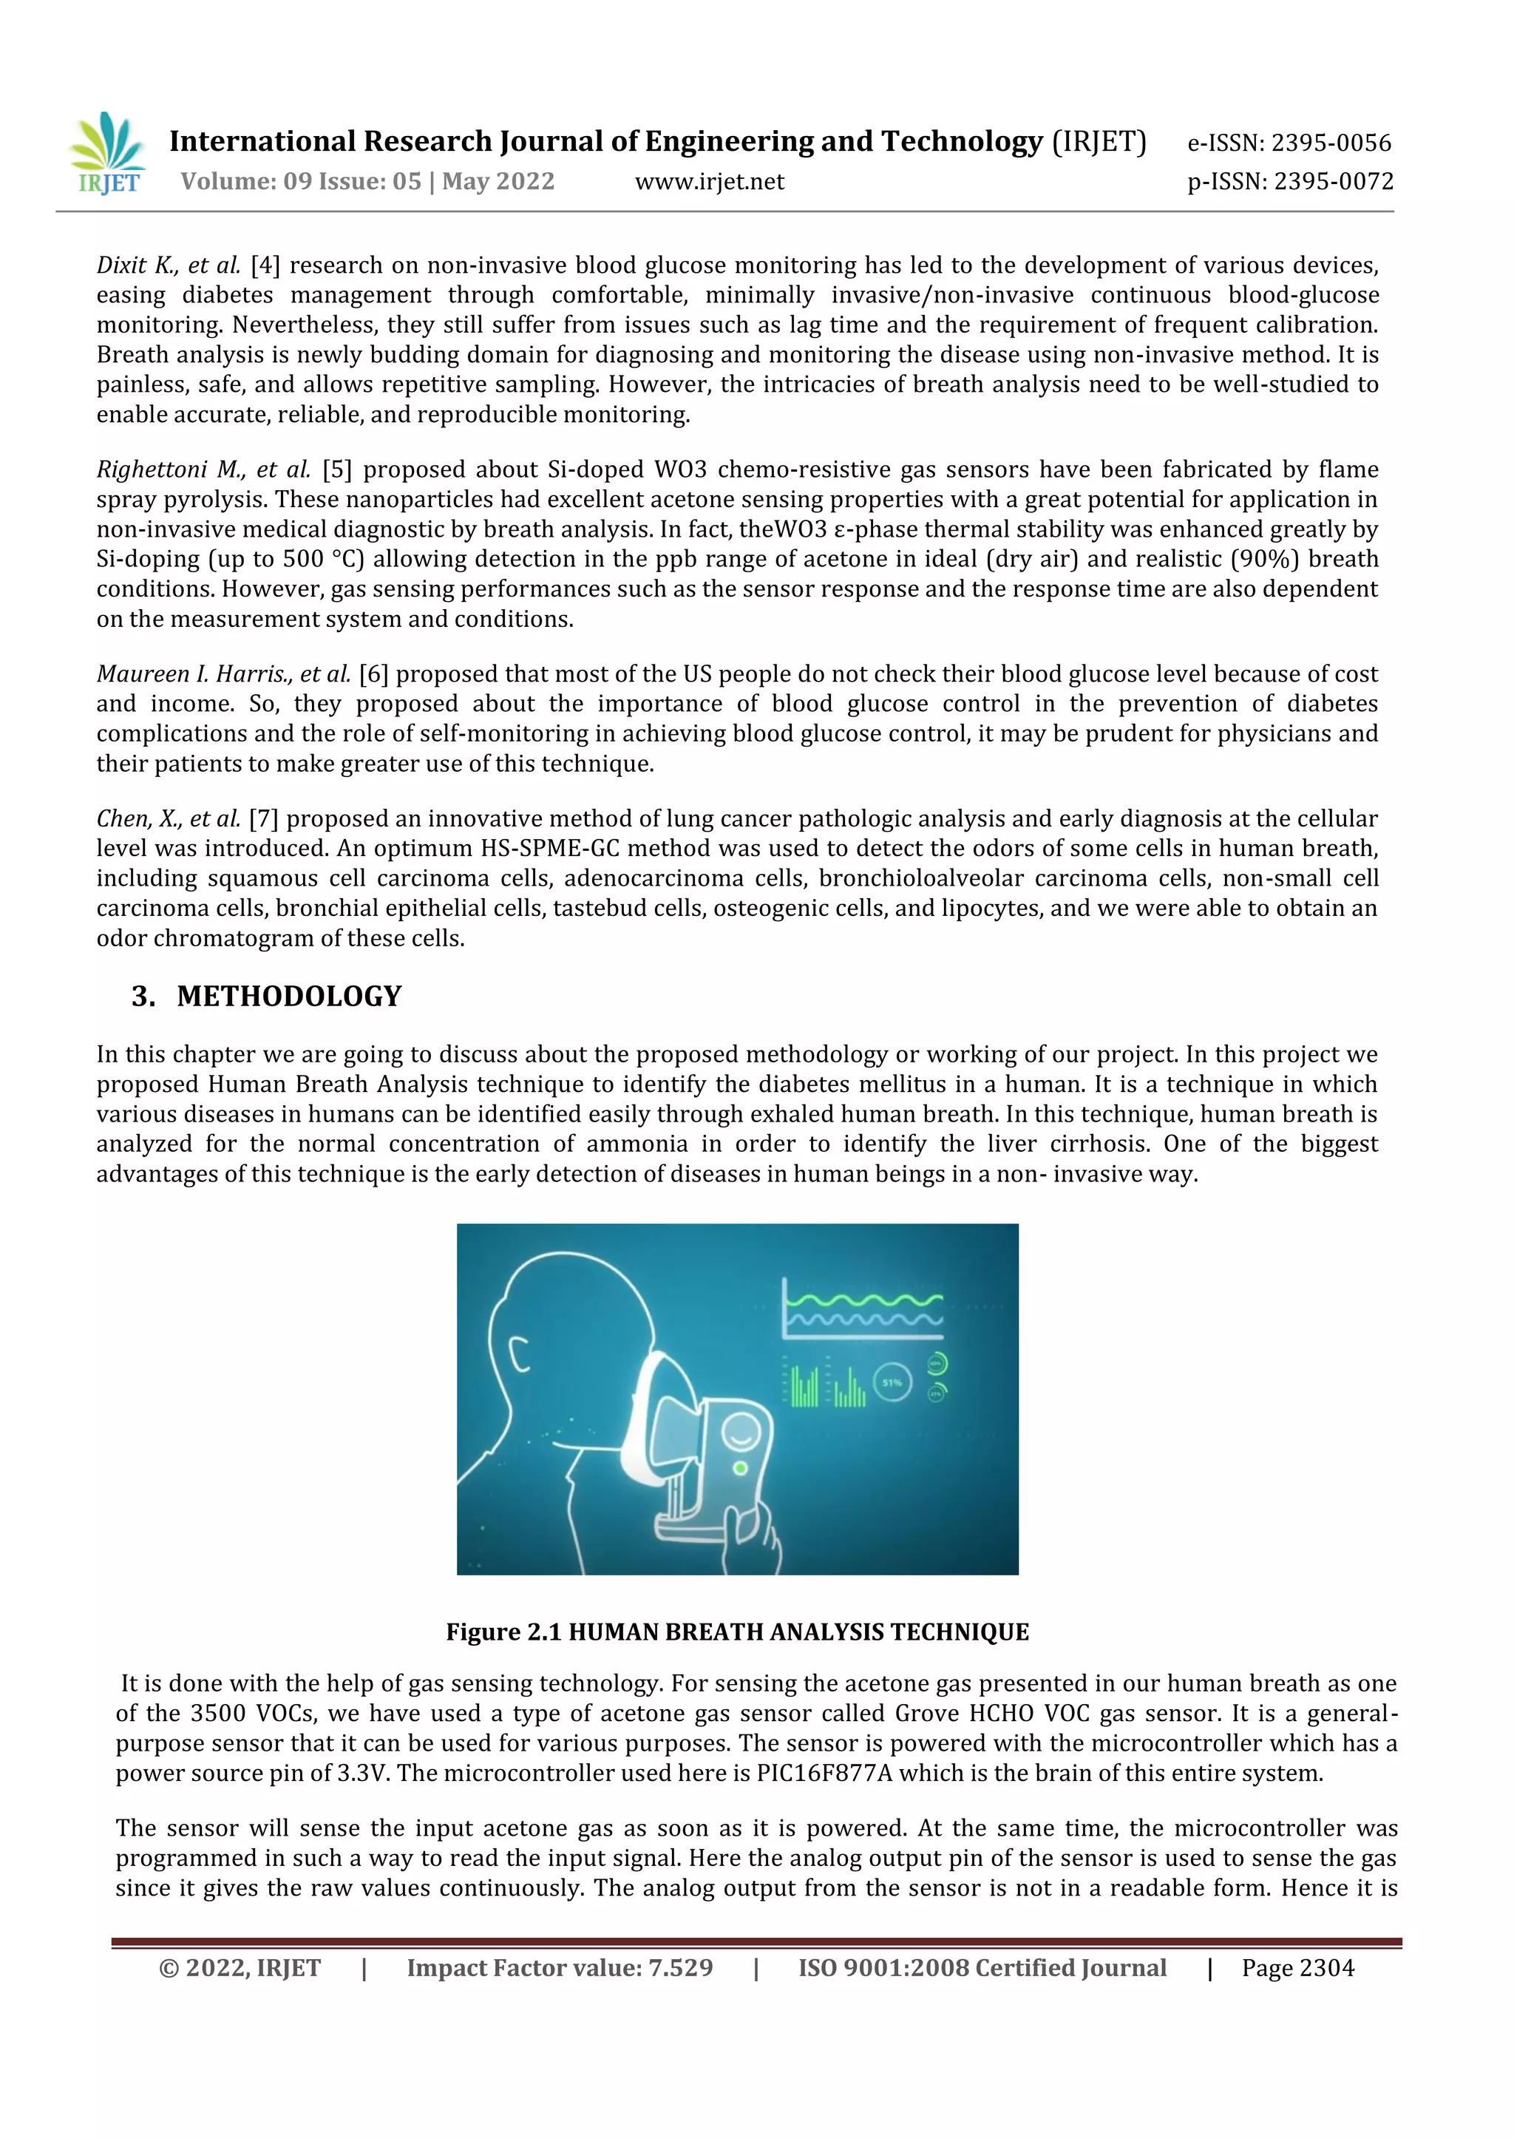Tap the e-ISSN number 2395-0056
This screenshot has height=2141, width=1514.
[x=1331, y=143]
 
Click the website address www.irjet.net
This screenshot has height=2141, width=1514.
[x=710, y=182]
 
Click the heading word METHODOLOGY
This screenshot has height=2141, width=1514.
[x=289, y=997]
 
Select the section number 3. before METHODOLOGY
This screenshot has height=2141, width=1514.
[x=143, y=997]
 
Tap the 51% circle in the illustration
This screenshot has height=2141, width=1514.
[x=892, y=1383]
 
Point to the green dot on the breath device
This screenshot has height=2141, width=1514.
[x=740, y=1468]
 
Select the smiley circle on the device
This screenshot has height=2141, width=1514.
[x=741, y=1428]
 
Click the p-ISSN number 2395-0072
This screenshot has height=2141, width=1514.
[x=1334, y=182]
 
